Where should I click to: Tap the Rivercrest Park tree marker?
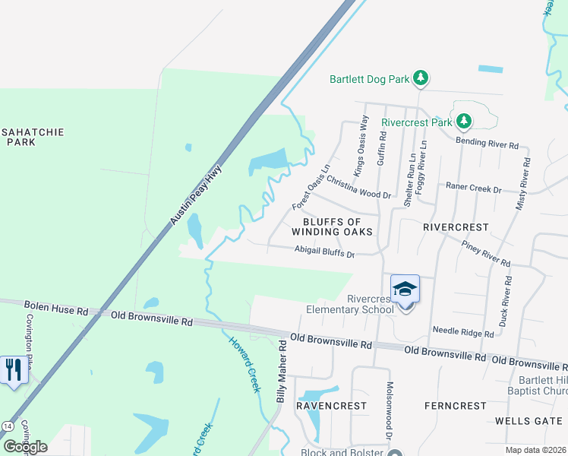point(463,121)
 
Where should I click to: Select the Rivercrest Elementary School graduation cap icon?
point(405,290)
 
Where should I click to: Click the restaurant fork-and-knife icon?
point(13,369)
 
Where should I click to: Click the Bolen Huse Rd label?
point(55,309)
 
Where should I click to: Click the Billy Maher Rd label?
point(281,372)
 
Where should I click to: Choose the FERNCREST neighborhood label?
point(456,406)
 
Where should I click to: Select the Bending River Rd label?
point(486,143)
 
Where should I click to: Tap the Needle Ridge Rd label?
point(462,331)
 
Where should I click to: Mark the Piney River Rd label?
point(484,253)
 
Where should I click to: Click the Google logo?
point(25,447)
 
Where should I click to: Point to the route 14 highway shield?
point(8,425)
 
